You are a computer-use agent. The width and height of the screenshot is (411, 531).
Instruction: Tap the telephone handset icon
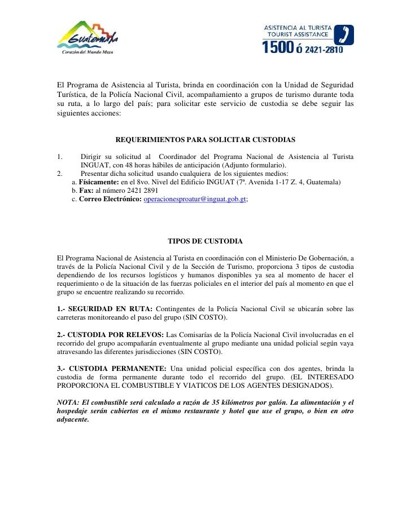click(x=345, y=34)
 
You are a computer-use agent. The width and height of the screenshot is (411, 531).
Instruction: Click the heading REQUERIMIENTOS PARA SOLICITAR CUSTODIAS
click(x=205, y=139)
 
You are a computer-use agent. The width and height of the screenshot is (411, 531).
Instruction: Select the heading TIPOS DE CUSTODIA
click(x=205, y=241)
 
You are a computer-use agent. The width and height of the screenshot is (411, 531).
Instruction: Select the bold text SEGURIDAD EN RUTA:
click(x=106, y=308)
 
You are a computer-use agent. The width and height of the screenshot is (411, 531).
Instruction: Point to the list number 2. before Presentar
click(x=60, y=174)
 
